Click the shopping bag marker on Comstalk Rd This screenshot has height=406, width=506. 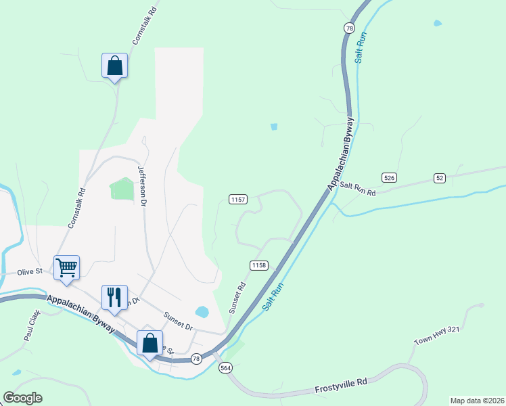(114, 66)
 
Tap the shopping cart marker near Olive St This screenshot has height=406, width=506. (66, 267)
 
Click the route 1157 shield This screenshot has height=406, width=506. (238, 200)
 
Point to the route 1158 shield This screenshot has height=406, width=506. (259, 265)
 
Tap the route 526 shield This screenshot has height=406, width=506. (388, 177)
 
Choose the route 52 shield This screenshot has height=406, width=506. (440, 178)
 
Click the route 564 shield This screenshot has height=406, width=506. (226, 367)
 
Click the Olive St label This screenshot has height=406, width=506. (30, 271)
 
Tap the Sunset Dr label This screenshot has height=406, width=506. (179, 321)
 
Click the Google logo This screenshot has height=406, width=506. (22, 397)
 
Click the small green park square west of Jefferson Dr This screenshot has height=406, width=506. (122, 189)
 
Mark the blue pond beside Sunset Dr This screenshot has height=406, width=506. (202, 312)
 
